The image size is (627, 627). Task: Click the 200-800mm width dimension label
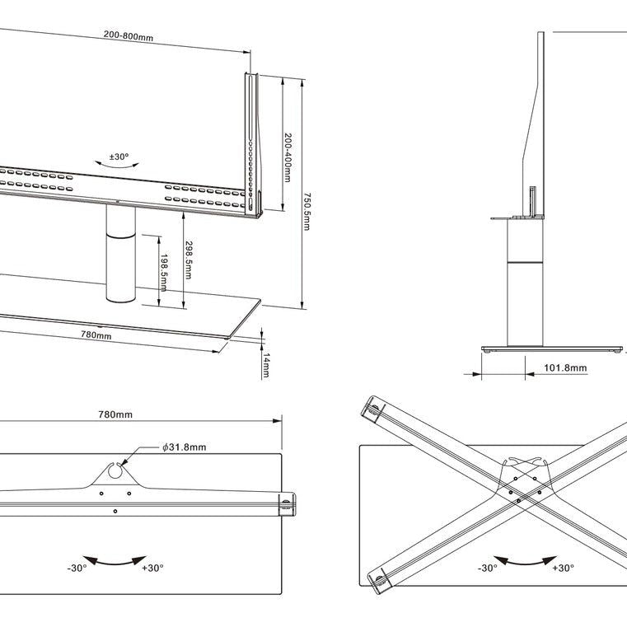[129, 37]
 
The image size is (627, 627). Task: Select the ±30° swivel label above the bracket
[119, 157]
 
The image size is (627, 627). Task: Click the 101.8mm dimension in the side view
[566, 367]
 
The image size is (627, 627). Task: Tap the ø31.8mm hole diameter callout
[184, 447]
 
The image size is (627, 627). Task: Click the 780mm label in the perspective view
[96, 335]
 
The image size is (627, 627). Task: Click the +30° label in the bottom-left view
[152, 568]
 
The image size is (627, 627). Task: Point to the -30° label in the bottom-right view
[488, 569]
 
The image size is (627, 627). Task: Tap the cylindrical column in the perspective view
[119, 255]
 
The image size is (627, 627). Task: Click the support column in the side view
[525, 280]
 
